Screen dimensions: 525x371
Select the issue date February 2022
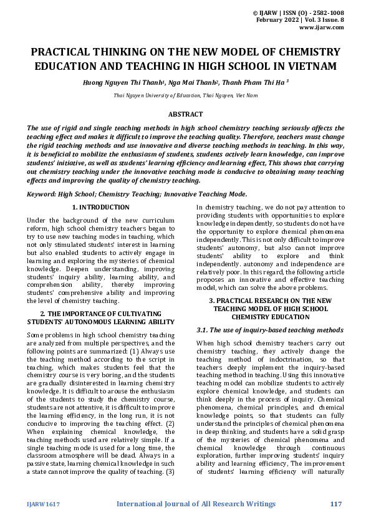(x=277, y=20)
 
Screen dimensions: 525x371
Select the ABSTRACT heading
(x=185, y=114)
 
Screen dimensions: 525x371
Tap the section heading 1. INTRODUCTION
(x=100, y=207)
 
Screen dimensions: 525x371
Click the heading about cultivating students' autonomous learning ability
(x=100, y=317)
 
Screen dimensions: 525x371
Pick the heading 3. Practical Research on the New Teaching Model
(x=270, y=309)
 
